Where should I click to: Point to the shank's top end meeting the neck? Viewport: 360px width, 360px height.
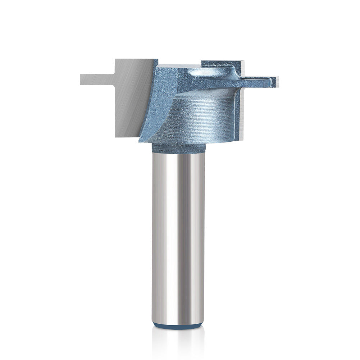(x=178, y=154)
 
